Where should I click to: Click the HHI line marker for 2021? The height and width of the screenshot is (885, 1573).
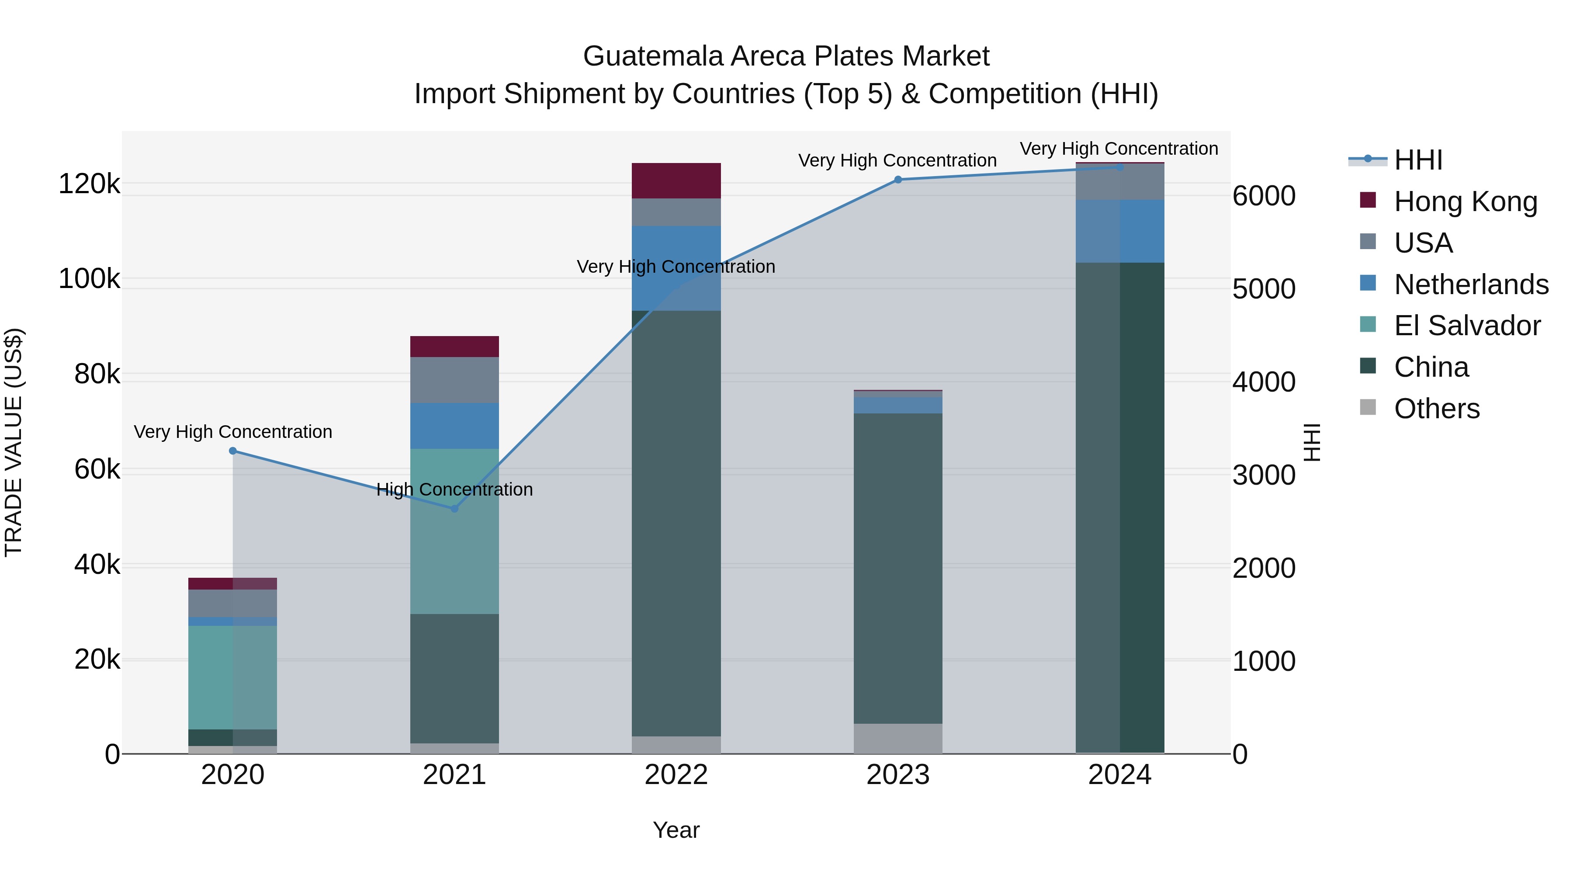click(454, 508)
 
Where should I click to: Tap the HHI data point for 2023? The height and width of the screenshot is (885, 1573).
click(897, 180)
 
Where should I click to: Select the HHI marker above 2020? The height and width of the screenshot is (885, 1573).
click(232, 451)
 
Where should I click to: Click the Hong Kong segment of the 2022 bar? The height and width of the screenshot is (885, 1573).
click(676, 181)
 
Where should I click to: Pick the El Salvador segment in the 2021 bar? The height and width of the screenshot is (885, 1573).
click(454, 531)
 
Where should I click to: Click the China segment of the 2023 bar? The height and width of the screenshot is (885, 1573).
click(897, 568)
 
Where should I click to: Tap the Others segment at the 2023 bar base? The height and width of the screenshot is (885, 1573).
click(897, 739)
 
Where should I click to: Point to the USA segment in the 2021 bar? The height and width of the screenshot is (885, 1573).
click(454, 380)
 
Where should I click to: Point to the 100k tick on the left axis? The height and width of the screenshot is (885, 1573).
click(89, 279)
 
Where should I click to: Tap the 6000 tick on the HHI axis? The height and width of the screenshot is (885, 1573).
click(1263, 196)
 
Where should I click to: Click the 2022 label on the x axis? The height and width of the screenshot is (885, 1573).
click(676, 775)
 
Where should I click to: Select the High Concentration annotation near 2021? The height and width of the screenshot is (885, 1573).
click(454, 489)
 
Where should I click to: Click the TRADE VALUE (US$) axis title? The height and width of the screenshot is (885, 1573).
click(14, 442)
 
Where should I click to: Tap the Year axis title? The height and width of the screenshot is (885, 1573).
click(676, 830)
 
